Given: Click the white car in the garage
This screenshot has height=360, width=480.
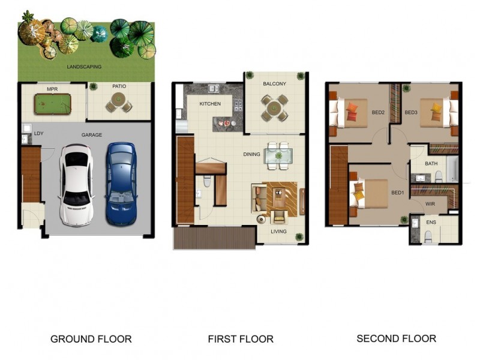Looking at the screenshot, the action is pos(76,185).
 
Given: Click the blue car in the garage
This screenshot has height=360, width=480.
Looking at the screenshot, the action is pos(121,184).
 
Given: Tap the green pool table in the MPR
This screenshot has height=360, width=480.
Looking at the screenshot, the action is pos(53,104).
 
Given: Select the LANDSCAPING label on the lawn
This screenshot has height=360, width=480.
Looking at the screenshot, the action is pos(84,67).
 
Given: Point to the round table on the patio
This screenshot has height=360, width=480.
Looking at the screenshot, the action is pos(118,99).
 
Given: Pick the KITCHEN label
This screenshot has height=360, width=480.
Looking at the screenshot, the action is pos(210,104).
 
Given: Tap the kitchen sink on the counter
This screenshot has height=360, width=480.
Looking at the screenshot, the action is pos(214,88).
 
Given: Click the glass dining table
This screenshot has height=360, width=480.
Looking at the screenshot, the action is pos(278,156).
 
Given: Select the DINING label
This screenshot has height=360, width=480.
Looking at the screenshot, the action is pos(251,154).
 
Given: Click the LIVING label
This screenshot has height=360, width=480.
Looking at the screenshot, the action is pos(278,232).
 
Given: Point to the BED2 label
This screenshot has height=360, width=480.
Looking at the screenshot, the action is pos(378,112).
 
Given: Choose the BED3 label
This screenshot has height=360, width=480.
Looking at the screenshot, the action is pos(411,112).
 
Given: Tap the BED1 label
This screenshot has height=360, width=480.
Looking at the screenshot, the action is pos(398,193).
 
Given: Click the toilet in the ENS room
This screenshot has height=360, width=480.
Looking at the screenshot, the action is pos(428,237).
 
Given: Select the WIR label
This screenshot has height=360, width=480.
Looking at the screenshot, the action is pos(430,204).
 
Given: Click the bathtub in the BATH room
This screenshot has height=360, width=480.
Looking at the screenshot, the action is pos(452,169).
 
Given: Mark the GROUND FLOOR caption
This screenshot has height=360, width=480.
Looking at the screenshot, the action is pos(91,339).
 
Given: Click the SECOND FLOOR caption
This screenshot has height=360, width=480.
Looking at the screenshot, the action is pos(397,338).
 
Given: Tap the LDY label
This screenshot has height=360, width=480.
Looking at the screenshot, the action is pos(38,133).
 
